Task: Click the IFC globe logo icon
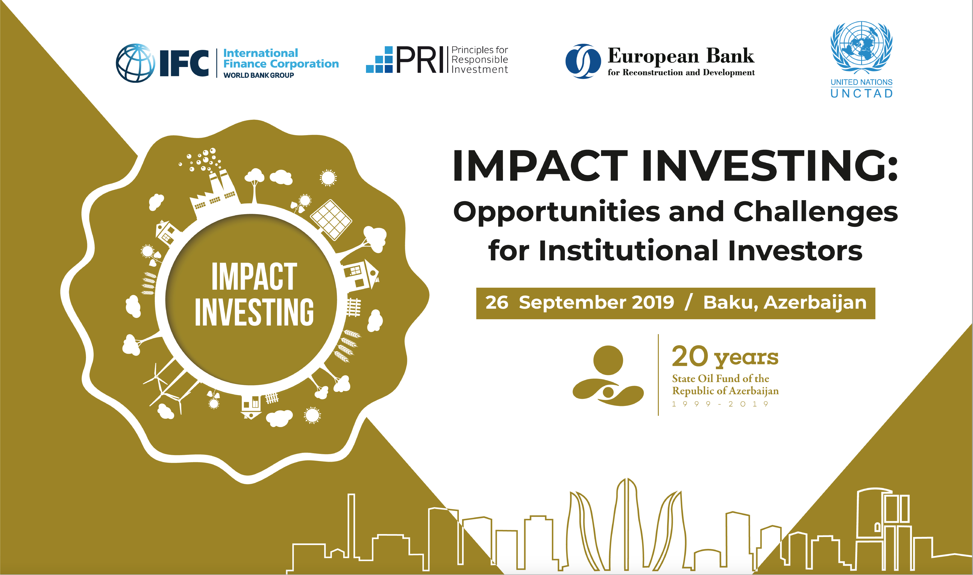click(135, 63)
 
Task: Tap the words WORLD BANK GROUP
click(259, 75)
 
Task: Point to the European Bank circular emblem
click(583, 61)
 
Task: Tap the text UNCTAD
click(861, 93)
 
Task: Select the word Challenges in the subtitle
click(816, 212)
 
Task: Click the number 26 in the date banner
click(497, 303)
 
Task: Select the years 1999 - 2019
click(720, 404)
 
